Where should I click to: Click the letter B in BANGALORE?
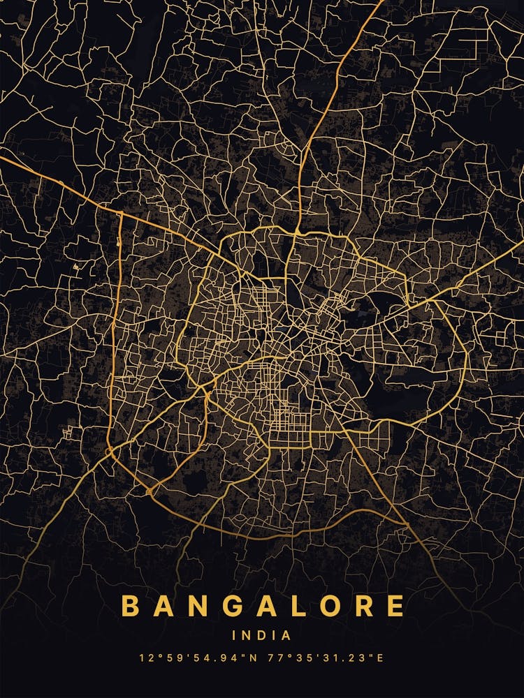[x=130, y=605]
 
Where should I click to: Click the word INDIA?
[x=262, y=636]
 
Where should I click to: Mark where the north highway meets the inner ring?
[x=297, y=230]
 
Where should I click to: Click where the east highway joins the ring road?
[x=407, y=305]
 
